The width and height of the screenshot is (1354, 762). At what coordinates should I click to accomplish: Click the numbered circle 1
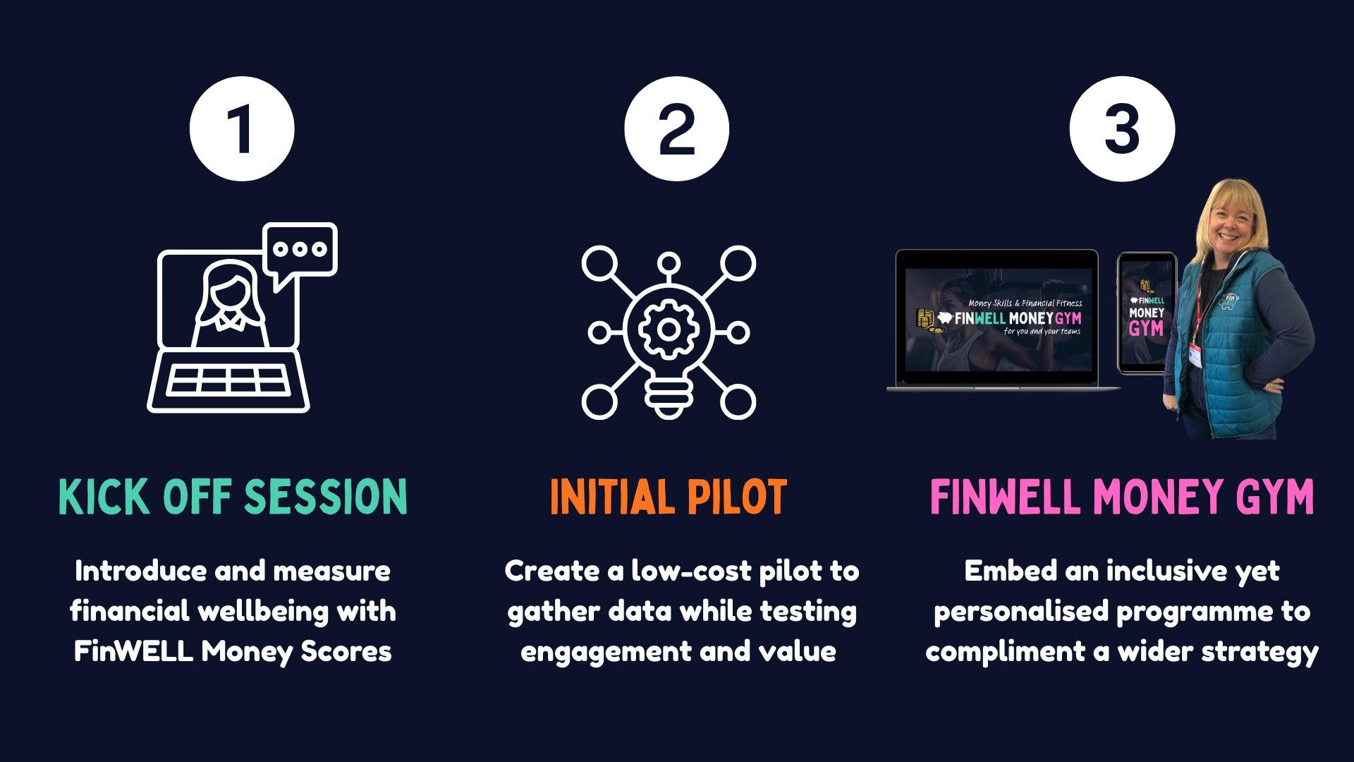(242, 129)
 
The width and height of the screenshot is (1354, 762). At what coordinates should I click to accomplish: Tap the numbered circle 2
(676, 129)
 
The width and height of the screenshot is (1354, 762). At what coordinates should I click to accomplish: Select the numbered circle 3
(1122, 129)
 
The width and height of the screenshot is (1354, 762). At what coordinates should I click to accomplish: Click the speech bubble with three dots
(300, 250)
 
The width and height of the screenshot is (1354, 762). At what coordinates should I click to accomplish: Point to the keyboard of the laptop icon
(228, 381)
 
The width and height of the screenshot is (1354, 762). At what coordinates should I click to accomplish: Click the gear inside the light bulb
(669, 329)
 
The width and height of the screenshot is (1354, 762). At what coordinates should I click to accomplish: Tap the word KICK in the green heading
(104, 497)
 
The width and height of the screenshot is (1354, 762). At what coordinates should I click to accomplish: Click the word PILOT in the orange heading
(737, 497)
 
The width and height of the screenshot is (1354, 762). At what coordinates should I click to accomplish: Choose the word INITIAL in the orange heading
(612, 497)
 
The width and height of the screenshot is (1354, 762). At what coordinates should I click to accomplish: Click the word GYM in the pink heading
(1275, 497)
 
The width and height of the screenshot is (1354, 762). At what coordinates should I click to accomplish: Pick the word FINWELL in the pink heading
(1006, 497)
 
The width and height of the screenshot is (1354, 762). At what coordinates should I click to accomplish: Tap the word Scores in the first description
(346, 651)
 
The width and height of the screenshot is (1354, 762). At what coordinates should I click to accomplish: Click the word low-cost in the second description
(691, 571)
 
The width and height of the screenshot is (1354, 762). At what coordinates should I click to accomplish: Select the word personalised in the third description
(1021, 612)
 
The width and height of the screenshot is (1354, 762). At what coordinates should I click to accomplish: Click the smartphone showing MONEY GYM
(1146, 313)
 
